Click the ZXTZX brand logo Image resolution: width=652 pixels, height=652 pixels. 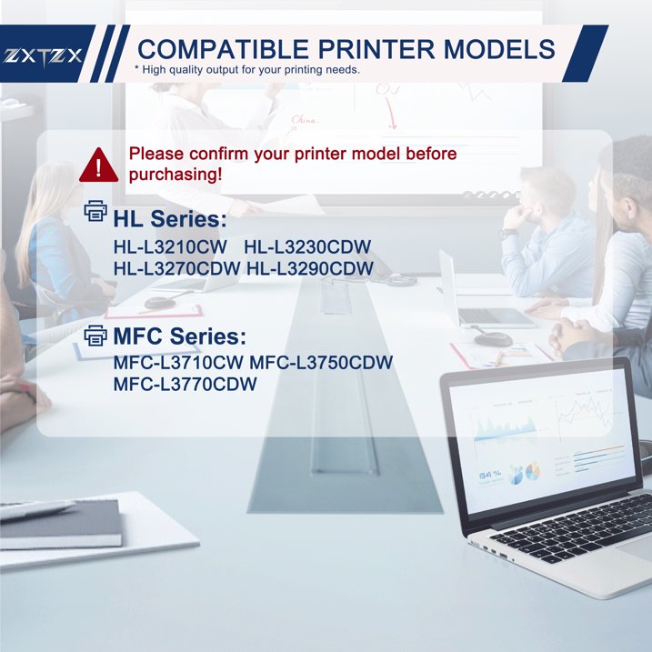point(43,55)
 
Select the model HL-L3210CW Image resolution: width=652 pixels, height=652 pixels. point(171,247)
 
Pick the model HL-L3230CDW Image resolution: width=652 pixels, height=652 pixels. point(308,247)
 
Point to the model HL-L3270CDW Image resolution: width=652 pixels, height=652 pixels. point(177,268)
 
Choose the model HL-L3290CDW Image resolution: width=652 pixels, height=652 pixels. point(310,268)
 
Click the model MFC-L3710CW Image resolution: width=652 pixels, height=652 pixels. point(179,363)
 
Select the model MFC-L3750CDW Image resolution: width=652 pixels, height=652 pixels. point(321,363)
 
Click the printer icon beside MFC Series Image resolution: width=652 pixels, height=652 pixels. point(95,336)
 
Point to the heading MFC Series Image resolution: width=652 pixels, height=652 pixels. point(179,337)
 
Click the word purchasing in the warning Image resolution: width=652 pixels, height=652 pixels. point(175,174)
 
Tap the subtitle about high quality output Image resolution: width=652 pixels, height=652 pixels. point(247,70)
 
